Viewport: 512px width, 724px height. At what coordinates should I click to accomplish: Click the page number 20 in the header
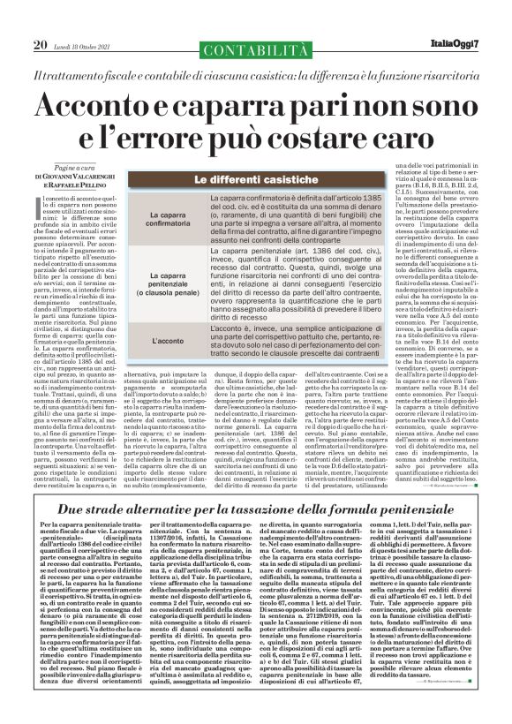pyautogui.click(x=40, y=20)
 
